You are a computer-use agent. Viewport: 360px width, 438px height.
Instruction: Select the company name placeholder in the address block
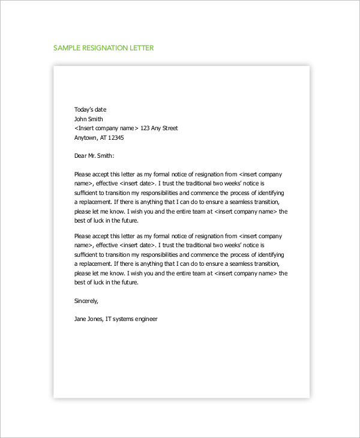click(107, 128)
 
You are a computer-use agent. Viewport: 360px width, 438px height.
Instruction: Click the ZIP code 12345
click(115, 137)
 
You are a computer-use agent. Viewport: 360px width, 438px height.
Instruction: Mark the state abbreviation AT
click(101, 137)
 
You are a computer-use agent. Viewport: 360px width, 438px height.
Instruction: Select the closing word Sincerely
click(86, 301)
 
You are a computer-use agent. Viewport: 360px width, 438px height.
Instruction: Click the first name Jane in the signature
click(80, 319)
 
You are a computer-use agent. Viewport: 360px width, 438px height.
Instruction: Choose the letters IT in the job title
click(109, 319)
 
